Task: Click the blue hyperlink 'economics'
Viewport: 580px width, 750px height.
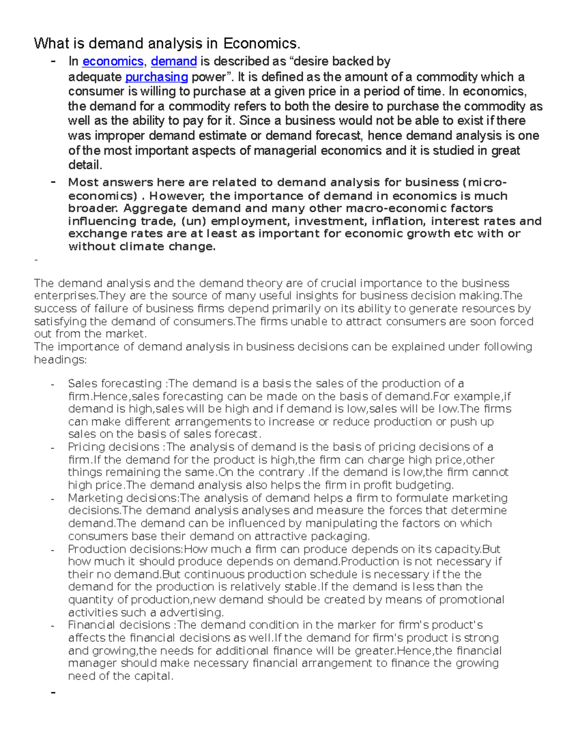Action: click(x=113, y=62)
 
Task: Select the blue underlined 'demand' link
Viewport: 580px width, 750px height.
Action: click(x=174, y=62)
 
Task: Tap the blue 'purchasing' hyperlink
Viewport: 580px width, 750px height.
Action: click(x=156, y=77)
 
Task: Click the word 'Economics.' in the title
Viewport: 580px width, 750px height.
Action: click(x=261, y=44)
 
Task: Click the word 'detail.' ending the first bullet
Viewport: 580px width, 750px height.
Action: click(x=85, y=165)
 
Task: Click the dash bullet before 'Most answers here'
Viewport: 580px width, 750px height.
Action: click(x=53, y=183)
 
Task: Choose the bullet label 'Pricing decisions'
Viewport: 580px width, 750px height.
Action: click(x=114, y=447)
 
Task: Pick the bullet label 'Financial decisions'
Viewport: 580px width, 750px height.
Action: click(x=118, y=625)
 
